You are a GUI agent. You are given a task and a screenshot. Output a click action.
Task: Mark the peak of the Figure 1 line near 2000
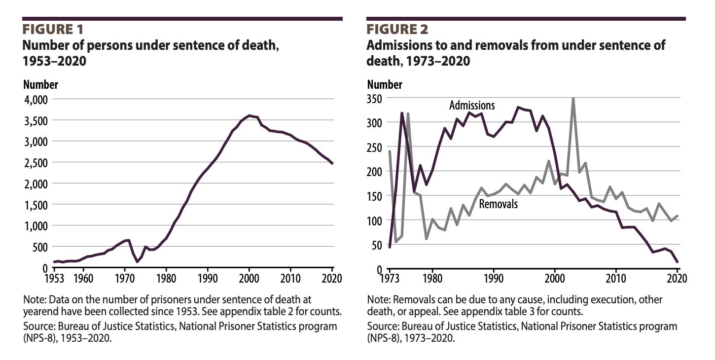pos(249,115)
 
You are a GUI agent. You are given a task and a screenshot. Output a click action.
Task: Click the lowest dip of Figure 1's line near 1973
pos(137,261)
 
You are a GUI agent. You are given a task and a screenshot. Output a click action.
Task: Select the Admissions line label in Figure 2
pos(471,105)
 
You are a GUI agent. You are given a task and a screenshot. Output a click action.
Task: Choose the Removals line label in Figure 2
pos(499,203)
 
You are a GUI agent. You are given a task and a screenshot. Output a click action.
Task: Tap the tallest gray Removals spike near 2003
pos(573,99)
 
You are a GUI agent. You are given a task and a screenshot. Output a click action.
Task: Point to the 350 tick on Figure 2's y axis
pos(376,98)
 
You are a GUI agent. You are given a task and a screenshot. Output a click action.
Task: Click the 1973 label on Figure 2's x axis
pos(390,278)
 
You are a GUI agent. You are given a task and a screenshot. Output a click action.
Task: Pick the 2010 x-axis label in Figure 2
pos(616,278)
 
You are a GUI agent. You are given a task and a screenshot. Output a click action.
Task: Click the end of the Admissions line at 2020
pos(677,262)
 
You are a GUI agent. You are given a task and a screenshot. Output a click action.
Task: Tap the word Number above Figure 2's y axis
pos(385,84)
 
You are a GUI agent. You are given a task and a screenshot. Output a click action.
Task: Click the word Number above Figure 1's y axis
pos(40,84)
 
